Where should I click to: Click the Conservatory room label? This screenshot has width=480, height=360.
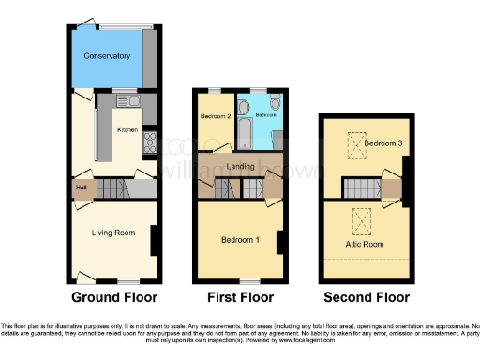pos(107,57)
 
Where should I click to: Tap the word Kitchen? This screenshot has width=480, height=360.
pos(127,129)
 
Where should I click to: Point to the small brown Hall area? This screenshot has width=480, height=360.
pos(82,187)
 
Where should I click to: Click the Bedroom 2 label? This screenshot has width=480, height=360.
pos(216,116)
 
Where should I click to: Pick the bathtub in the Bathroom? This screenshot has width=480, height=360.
pos(242,129)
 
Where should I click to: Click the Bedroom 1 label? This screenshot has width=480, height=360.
pos(240,241)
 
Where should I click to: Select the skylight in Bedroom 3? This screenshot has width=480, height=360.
pos(354,145)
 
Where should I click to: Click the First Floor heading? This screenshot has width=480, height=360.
pos(240,297)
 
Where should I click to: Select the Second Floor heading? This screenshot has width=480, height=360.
pos(367,297)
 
